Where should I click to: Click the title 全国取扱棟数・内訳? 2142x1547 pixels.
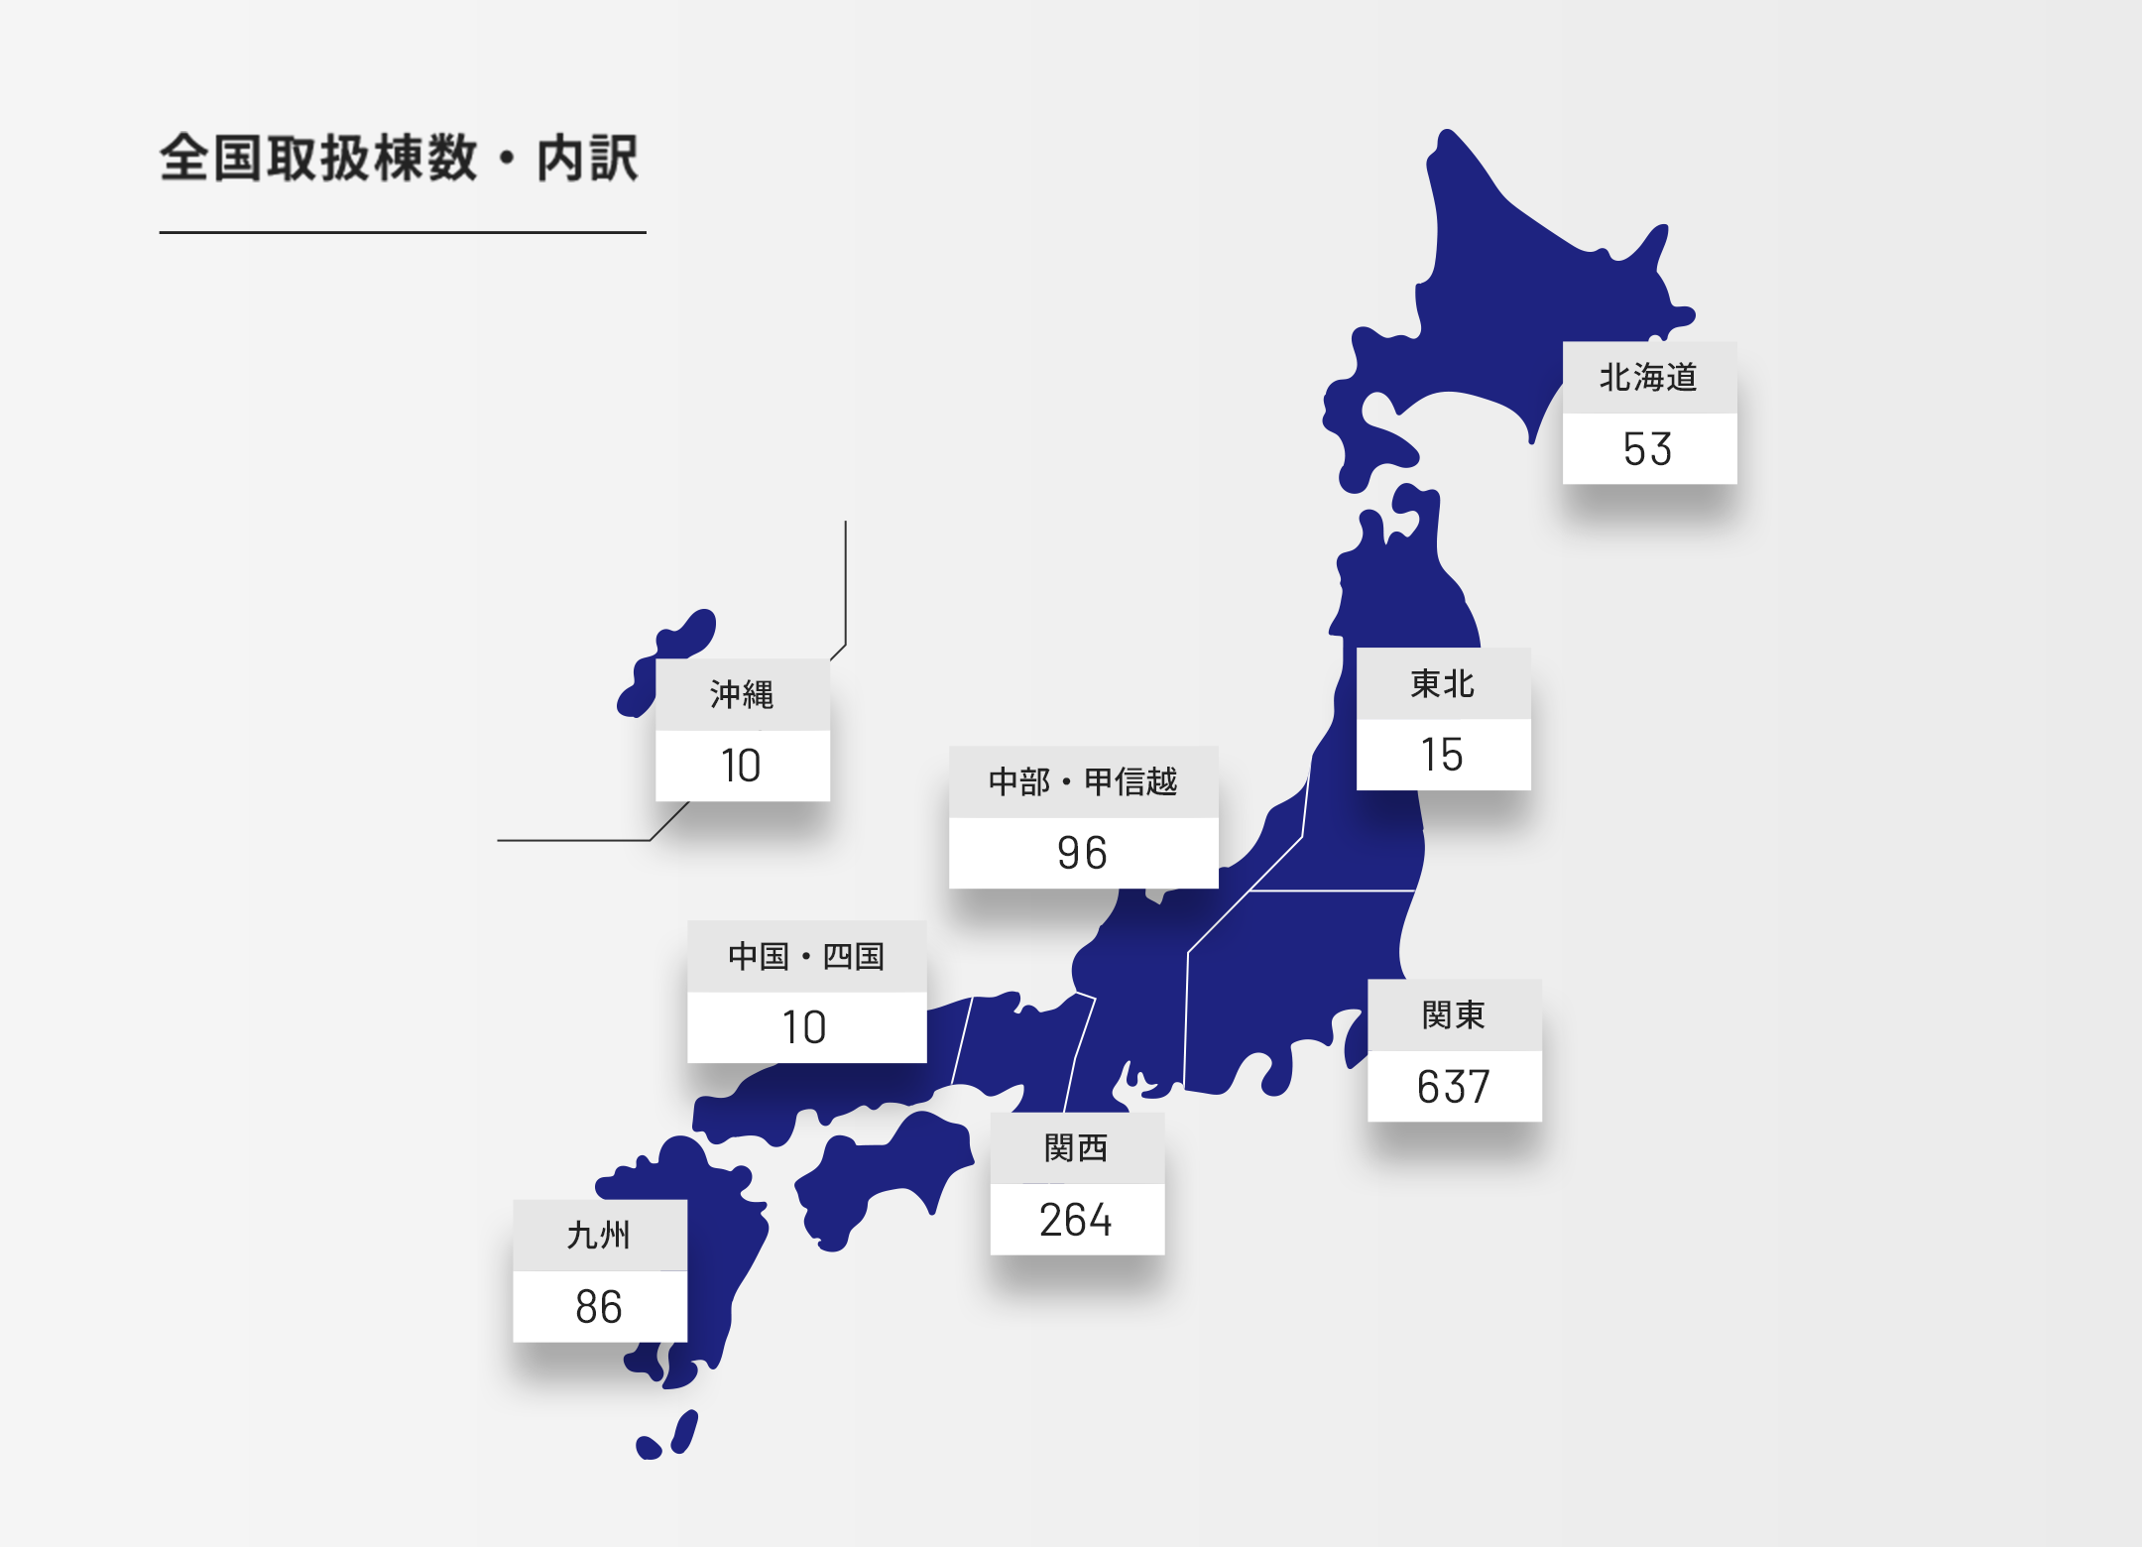[x=399, y=159]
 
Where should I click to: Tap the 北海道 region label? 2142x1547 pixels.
[x=1648, y=378]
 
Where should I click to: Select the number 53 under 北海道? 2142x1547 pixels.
[x=1648, y=449]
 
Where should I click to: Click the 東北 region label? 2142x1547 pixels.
[x=1443, y=684]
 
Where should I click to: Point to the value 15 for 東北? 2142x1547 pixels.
[x=1443, y=755]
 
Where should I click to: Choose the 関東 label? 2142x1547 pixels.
[x=1454, y=1015]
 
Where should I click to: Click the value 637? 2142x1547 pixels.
[x=1454, y=1087]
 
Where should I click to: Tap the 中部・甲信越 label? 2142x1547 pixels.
[x=1083, y=782]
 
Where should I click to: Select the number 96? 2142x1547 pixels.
[x=1083, y=853]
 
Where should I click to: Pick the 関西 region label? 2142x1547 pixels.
[x=1077, y=1148]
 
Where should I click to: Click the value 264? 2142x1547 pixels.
[x=1077, y=1220]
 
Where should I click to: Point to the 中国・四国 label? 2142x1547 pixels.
[x=806, y=957]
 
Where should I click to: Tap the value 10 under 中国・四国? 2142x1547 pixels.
[x=805, y=1027]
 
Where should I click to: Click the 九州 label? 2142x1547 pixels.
[x=599, y=1236]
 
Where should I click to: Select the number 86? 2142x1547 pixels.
[x=599, y=1307]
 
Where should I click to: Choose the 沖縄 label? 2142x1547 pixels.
[x=742, y=695]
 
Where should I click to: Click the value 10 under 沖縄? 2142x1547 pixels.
[x=742, y=766]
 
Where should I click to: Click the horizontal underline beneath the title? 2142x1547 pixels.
[x=403, y=233]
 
